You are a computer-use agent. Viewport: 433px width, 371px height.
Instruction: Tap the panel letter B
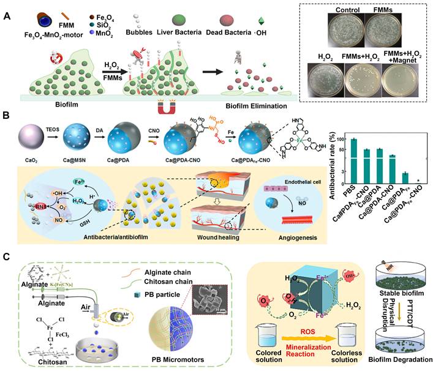coord(7,114)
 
